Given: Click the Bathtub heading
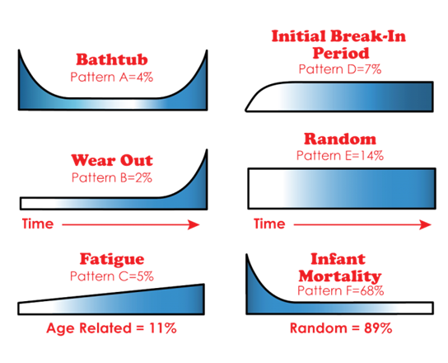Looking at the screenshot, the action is pyautogui.click(x=112, y=59).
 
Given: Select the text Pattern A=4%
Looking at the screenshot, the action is pyautogui.click(x=112, y=77).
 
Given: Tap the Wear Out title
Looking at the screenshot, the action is pyautogui.click(x=112, y=160).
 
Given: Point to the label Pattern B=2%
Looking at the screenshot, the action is pyautogui.click(x=112, y=177).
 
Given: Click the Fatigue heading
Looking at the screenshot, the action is pyautogui.click(x=112, y=260).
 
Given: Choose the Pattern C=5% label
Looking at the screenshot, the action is pyautogui.click(x=112, y=276).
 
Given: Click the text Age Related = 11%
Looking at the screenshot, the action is pyautogui.click(x=111, y=328).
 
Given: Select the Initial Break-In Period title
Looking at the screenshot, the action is pyautogui.click(x=338, y=45).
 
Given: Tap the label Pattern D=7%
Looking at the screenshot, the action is pyautogui.click(x=340, y=69).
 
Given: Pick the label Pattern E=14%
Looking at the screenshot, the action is pyautogui.click(x=340, y=156).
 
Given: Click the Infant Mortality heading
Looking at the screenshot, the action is pyautogui.click(x=339, y=267).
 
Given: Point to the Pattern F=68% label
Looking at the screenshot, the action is pyautogui.click(x=341, y=291).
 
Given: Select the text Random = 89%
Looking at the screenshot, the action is pyautogui.click(x=341, y=328).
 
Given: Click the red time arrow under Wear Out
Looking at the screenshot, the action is pyautogui.click(x=131, y=224).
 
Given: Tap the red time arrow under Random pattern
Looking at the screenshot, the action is pyautogui.click(x=362, y=224).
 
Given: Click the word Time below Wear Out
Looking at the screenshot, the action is pyautogui.click(x=38, y=224).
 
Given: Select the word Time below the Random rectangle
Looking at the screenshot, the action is pyautogui.click(x=269, y=224).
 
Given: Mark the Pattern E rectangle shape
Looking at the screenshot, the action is pyautogui.click(x=342, y=188).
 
